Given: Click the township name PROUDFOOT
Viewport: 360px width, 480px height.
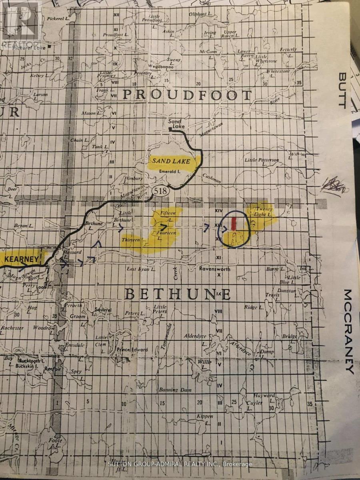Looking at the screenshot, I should tap(187, 95).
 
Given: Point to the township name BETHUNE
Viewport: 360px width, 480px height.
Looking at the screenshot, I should tap(178, 294).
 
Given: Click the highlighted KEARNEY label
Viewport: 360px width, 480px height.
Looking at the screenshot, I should tap(22, 259).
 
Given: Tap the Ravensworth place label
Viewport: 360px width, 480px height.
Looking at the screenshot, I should tap(215, 269).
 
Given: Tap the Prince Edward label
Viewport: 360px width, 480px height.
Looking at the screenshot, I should tap(132, 349).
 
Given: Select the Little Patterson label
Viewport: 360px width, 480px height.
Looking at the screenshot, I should tap(262, 160).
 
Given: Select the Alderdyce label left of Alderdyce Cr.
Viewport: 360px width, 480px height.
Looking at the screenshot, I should tap(195, 336).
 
